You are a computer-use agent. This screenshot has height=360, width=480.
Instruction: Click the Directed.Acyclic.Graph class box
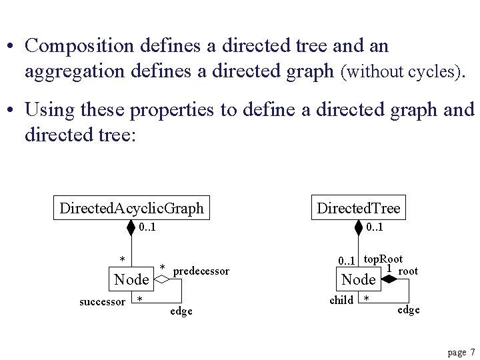(131, 208)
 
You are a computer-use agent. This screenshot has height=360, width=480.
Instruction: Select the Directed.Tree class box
(359, 208)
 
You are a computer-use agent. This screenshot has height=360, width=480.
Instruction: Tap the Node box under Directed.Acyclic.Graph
(131, 280)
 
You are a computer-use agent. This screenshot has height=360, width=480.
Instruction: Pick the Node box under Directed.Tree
(358, 280)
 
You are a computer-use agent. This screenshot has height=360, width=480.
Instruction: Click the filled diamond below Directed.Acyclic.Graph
(131, 229)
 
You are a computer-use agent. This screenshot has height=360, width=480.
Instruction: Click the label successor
(102, 302)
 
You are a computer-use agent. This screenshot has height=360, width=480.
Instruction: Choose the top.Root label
(383, 259)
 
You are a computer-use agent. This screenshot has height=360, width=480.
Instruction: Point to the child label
(341, 300)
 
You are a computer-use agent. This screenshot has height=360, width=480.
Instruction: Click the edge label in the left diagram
(181, 311)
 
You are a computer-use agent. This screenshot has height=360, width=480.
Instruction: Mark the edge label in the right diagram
(409, 310)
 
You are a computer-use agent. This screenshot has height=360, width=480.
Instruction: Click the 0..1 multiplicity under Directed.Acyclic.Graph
(148, 228)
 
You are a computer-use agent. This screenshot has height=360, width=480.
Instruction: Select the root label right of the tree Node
(408, 271)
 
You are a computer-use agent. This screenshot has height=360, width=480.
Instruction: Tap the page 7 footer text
(461, 352)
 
